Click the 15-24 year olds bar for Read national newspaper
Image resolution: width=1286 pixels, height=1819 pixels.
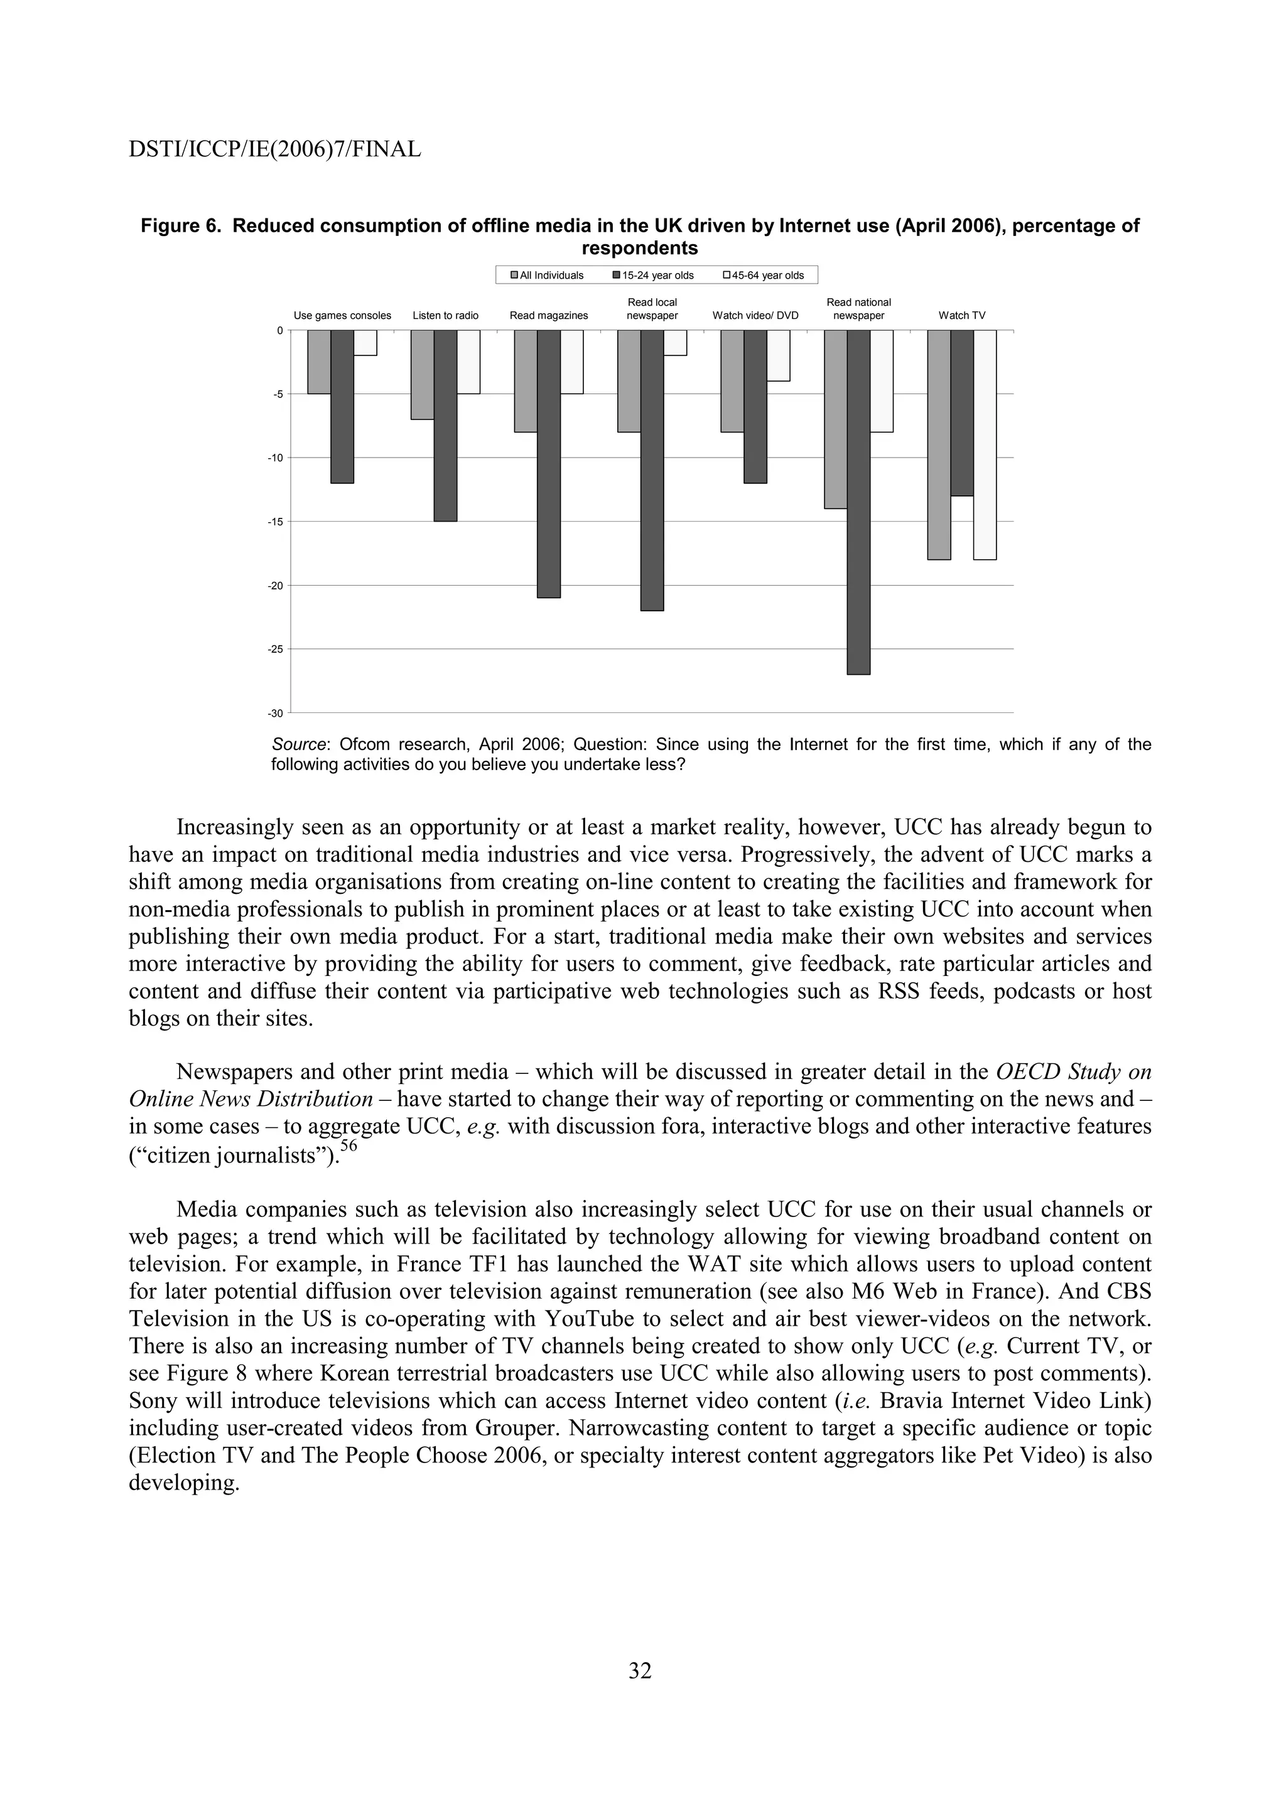coord(858,502)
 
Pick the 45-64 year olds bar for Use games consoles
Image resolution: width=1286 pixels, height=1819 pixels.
coord(365,343)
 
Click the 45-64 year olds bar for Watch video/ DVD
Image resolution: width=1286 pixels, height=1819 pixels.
coord(778,356)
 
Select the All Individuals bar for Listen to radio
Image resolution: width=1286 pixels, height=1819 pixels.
coord(423,375)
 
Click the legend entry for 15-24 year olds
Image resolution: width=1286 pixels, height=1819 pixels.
coord(652,275)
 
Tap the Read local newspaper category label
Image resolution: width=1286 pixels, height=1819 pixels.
coord(652,308)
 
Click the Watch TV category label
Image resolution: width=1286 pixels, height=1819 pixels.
coord(962,315)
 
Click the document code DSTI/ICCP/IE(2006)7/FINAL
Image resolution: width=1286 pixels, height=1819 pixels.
coord(274,149)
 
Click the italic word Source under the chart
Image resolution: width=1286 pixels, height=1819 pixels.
coord(299,744)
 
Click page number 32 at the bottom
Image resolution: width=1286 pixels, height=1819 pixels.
coord(640,1671)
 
